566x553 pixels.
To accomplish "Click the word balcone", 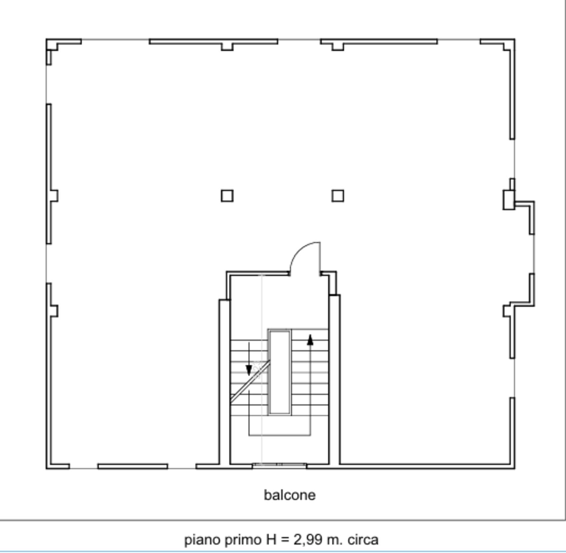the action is [290, 495].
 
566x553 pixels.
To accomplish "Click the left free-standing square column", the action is [227, 196].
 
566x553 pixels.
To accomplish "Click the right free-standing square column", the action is [338, 196].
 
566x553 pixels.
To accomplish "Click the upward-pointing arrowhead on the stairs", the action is [310, 340].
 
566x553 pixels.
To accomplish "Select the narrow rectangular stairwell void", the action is [280, 372].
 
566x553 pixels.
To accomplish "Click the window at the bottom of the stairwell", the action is [279, 465].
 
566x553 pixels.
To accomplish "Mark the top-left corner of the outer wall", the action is [46, 39].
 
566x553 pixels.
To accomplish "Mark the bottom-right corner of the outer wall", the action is [515, 468].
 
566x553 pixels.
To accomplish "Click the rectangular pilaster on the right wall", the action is [508, 200].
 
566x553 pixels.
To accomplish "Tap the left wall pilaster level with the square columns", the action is [54, 196].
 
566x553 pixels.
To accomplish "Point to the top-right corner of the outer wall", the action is [515, 39].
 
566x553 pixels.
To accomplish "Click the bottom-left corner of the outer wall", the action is [46, 468].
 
